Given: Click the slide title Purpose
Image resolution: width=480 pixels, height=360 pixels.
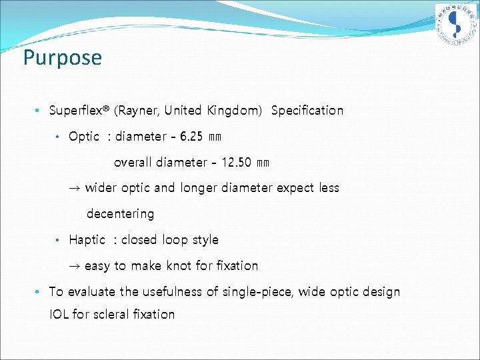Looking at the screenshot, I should pyautogui.click(x=62, y=58).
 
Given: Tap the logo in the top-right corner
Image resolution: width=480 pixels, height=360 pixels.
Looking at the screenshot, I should pyautogui.click(x=456, y=25).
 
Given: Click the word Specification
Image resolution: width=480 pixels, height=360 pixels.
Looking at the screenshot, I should pyautogui.click(x=307, y=111).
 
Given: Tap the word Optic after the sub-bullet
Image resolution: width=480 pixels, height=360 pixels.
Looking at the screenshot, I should pyautogui.click(x=84, y=137).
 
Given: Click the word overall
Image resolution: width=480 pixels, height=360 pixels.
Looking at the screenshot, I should pyautogui.click(x=133, y=163).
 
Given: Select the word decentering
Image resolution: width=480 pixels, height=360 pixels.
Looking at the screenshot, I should pyautogui.click(x=120, y=214).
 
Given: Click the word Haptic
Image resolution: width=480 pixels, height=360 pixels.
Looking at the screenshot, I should pyautogui.click(x=87, y=240).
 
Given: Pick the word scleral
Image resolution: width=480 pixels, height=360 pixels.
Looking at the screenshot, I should pyautogui.click(x=115, y=314).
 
